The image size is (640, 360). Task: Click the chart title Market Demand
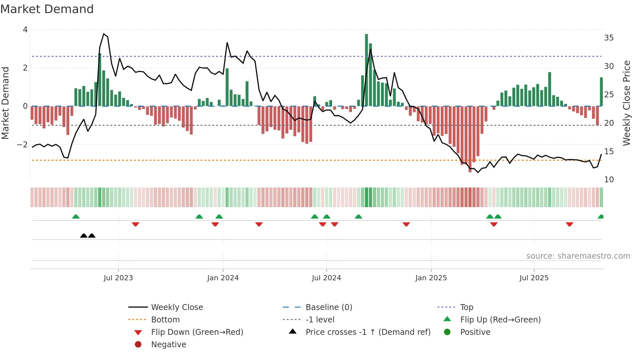point(47,9)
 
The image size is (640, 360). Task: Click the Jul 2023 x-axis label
point(118,278)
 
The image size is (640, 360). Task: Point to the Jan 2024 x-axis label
point(223,278)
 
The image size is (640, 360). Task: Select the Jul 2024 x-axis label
point(326,278)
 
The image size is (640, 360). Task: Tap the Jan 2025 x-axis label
point(431,278)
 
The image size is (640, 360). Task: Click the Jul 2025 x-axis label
point(534,278)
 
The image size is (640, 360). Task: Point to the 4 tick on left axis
point(25,30)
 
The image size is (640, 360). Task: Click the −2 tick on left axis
point(23,144)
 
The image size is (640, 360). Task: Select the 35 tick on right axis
point(609,38)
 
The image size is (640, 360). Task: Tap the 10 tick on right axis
point(609,180)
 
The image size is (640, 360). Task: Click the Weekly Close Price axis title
point(626,103)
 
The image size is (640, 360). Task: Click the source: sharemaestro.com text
point(578,256)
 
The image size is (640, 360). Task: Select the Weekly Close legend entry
point(177,307)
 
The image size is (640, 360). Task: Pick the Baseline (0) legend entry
point(328,307)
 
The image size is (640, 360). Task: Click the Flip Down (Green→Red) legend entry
point(197,332)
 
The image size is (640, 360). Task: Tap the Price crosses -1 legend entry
point(368,332)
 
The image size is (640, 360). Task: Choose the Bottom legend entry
point(165,320)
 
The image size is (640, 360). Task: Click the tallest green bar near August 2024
point(366,70)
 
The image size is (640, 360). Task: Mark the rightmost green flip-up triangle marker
point(600,217)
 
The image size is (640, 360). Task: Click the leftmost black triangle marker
point(84,236)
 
